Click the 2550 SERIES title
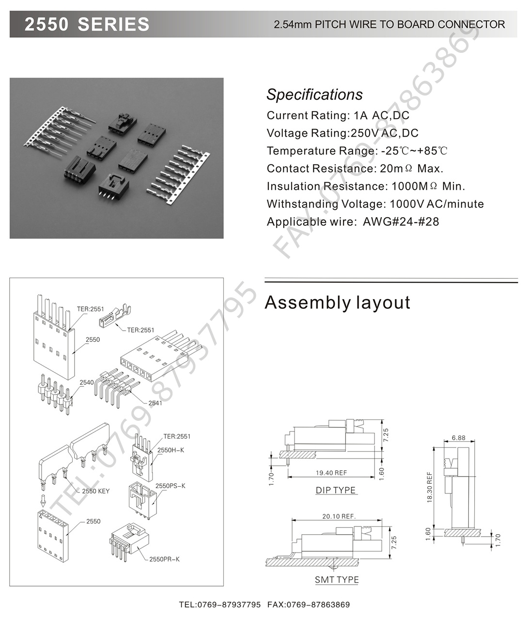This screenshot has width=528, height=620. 87,24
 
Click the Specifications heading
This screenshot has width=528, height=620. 314,95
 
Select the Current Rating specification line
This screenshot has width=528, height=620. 338,115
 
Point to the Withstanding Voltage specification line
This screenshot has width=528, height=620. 375,204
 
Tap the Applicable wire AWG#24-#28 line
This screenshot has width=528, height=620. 353,222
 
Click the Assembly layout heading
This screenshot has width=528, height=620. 337,302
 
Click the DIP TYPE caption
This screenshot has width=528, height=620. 336,490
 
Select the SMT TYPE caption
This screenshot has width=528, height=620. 337,580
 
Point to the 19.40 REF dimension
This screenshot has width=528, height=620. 331,473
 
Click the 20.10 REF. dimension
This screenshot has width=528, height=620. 339,516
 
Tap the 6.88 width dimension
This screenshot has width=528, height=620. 458,438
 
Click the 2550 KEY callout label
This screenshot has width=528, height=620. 96,491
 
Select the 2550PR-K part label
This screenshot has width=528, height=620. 165,559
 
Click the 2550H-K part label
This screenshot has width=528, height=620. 171,450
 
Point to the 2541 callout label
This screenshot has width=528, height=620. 155,403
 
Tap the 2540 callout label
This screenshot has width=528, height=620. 87,382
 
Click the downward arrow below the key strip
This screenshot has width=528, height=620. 43,499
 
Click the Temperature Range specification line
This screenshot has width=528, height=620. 357,151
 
